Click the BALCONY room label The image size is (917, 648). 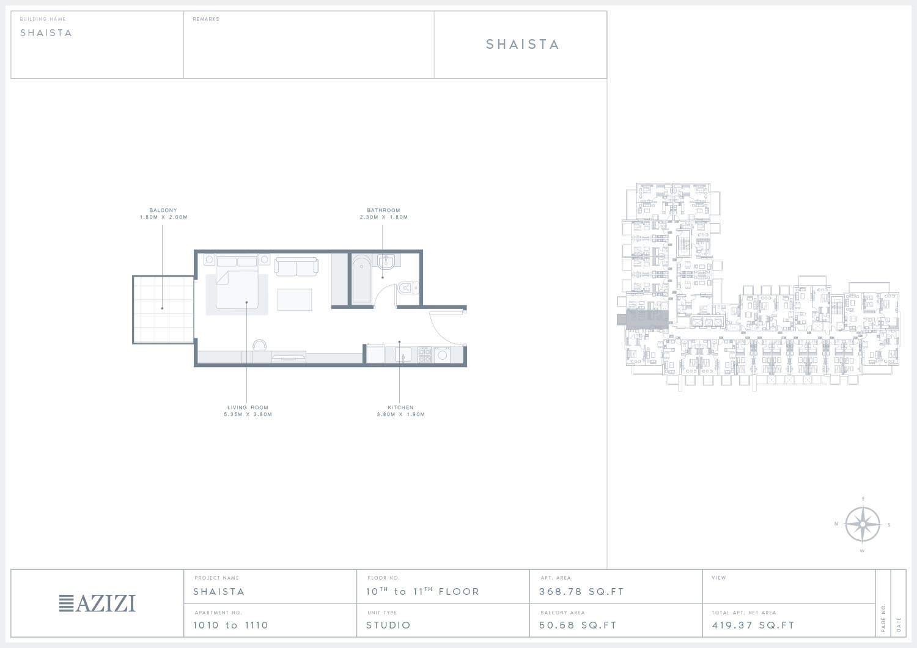(163, 210)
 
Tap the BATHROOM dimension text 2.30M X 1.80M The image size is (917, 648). (383, 217)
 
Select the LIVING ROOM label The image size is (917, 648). (248, 407)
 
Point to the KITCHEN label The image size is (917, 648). (400, 407)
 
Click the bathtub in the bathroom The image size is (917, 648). (361, 279)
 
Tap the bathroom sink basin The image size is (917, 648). (386, 262)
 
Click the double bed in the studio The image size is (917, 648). (237, 282)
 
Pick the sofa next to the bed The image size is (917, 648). (296, 266)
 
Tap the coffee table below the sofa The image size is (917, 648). (294, 299)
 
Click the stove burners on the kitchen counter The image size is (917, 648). (424, 355)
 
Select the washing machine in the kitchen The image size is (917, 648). (442, 355)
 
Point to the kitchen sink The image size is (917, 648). (403, 355)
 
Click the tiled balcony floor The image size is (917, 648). (163, 310)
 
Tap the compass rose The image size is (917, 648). (862, 525)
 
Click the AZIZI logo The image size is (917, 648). (97, 603)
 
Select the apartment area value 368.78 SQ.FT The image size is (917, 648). (581, 592)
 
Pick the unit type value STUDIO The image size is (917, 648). (388, 625)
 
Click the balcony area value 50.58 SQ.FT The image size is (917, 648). (578, 625)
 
